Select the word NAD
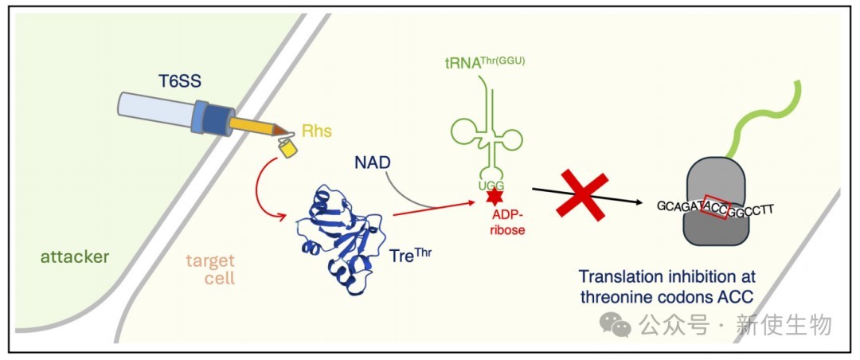pyautogui.click(x=373, y=162)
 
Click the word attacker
pyautogui.click(x=74, y=256)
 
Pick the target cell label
pyautogui.click(x=210, y=268)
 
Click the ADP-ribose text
pyautogui.click(x=506, y=222)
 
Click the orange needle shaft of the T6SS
pyautogui.click(x=252, y=126)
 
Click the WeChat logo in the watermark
pyautogui.click(x=618, y=324)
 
